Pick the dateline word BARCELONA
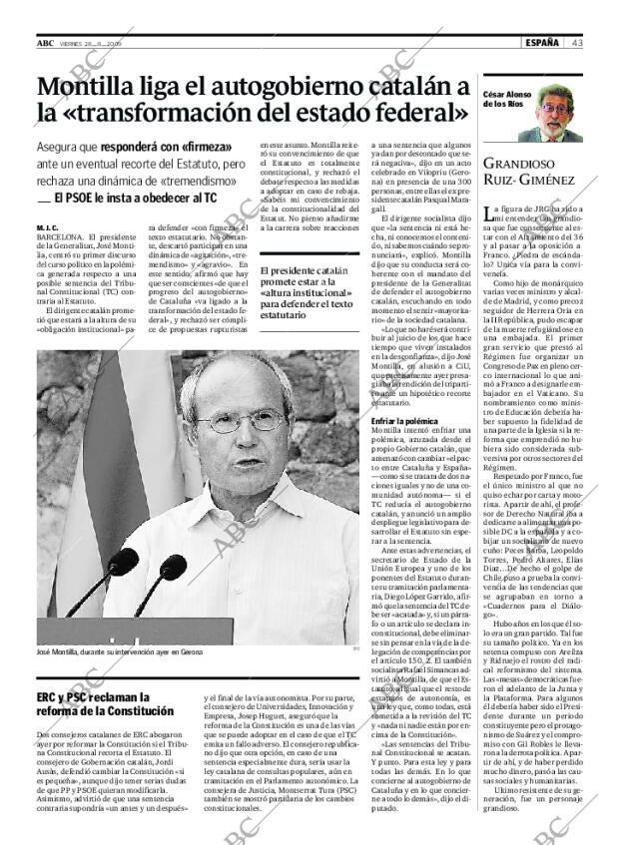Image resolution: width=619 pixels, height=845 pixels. pos(65,236)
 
